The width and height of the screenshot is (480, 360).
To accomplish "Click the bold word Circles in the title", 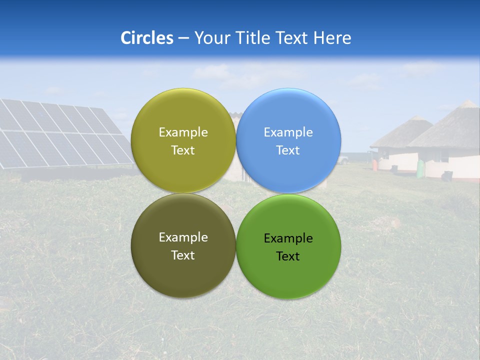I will [x=146, y=38].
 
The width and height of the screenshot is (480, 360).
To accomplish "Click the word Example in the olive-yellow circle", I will [x=183, y=132].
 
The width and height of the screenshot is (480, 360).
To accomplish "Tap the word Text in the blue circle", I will [x=288, y=150].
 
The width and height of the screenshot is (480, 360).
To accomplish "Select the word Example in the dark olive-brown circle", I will [x=183, y=237].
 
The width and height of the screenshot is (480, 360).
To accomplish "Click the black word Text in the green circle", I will [x=288, y=256].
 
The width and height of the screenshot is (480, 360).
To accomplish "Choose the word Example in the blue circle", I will [x=288, y=132].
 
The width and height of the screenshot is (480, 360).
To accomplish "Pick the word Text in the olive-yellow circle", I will [x=183, y=150].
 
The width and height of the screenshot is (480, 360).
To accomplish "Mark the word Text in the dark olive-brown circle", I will [x=183, y=255].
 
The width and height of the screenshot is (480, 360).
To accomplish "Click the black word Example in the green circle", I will [x=288, y=238].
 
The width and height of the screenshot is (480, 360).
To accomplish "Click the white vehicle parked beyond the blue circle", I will [x=342, y=160].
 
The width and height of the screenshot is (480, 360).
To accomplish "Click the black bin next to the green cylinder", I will [x=447, y=175].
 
